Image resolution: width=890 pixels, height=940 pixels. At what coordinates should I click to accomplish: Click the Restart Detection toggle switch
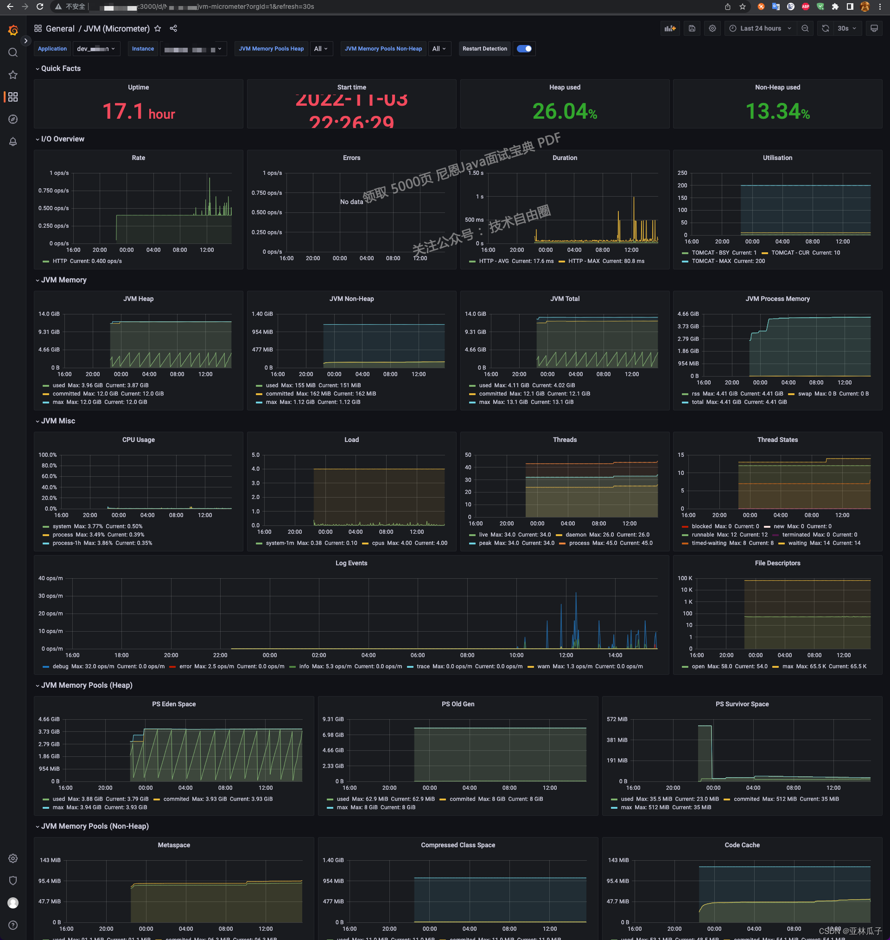[x=524, y=49]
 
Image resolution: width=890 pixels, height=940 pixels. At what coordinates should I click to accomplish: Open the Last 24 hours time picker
[x=760, y=28]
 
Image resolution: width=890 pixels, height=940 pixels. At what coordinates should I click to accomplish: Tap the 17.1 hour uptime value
[x=138, y=112]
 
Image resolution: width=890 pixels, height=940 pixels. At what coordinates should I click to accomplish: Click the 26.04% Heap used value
[x=564, y=112]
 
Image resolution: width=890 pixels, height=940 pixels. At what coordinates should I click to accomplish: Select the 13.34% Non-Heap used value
[x=777, y=112]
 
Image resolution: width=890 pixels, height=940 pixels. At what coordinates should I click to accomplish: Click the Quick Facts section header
[x=61, y=68]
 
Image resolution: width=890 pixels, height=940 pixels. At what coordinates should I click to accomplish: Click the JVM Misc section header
[x=58, y=421]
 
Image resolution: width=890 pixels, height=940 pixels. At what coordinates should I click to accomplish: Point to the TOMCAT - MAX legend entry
[x=711, y=261]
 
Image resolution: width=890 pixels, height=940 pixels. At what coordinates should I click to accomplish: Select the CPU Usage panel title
[x=138, y=440]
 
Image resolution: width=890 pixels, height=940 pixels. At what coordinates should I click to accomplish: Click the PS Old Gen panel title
[x=458, y=704]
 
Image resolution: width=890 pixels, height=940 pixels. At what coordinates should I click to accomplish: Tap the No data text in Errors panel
[x=351, y=202]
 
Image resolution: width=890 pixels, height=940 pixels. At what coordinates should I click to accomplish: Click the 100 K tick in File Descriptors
[x=685, y=578]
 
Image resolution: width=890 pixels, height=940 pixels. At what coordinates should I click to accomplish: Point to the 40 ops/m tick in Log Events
[x=50, y=578]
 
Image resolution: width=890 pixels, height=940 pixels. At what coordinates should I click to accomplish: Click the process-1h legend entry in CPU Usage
[x=66, y=543]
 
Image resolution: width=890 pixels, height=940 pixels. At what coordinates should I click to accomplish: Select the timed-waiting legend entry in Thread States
[x=709, y=543]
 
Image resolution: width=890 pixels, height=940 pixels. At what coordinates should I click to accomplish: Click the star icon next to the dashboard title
[x=158, y=28]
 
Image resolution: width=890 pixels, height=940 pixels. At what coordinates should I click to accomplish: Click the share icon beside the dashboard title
[x=173, y=28]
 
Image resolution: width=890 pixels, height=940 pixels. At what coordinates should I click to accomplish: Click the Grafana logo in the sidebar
[x=13, y=30]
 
